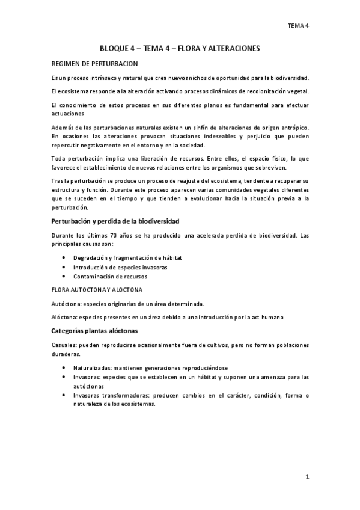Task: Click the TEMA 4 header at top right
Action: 298,26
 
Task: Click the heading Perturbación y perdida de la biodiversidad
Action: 113,221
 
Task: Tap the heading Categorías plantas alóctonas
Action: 94,331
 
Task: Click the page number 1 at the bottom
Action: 307,477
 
